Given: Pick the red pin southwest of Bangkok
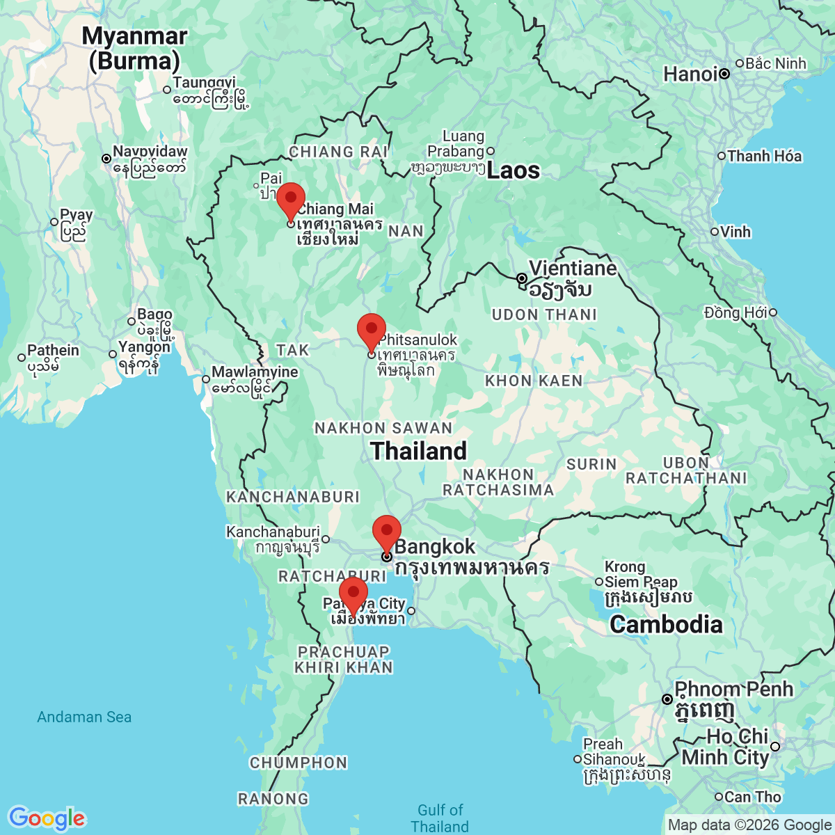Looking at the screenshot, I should [353, 594].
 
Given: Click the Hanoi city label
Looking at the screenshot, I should [690, 74].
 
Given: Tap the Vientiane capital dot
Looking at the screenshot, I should [522, 278].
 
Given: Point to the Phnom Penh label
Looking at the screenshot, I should [733, 690].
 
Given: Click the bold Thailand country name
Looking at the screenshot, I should [418, 451].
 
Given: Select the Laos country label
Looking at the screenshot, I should [513, 170].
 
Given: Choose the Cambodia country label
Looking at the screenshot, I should [666, 624].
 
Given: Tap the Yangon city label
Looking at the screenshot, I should [144, 347].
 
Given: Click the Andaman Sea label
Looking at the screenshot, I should [84, 717].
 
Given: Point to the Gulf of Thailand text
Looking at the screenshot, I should [440, 818].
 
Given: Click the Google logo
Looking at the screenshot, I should [47, 818].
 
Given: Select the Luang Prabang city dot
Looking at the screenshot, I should [491, 151].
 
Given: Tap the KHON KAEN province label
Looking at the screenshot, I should [534, 381].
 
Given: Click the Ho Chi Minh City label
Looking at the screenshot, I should [726, 747].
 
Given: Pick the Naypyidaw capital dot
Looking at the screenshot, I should [106, 159].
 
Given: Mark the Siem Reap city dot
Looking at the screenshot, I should [598, 582].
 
